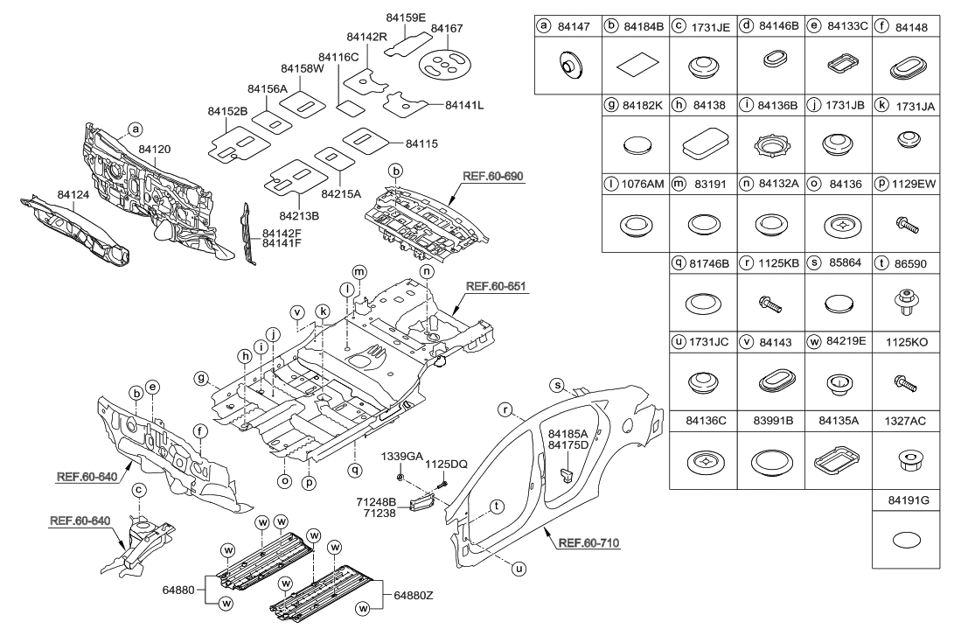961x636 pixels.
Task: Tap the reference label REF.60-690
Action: (x=491, y=176)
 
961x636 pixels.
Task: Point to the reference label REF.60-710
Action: (x=587, y=544)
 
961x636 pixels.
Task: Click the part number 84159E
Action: (x=406, y=17)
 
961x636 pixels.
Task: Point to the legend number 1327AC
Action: (x=904, y=420)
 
